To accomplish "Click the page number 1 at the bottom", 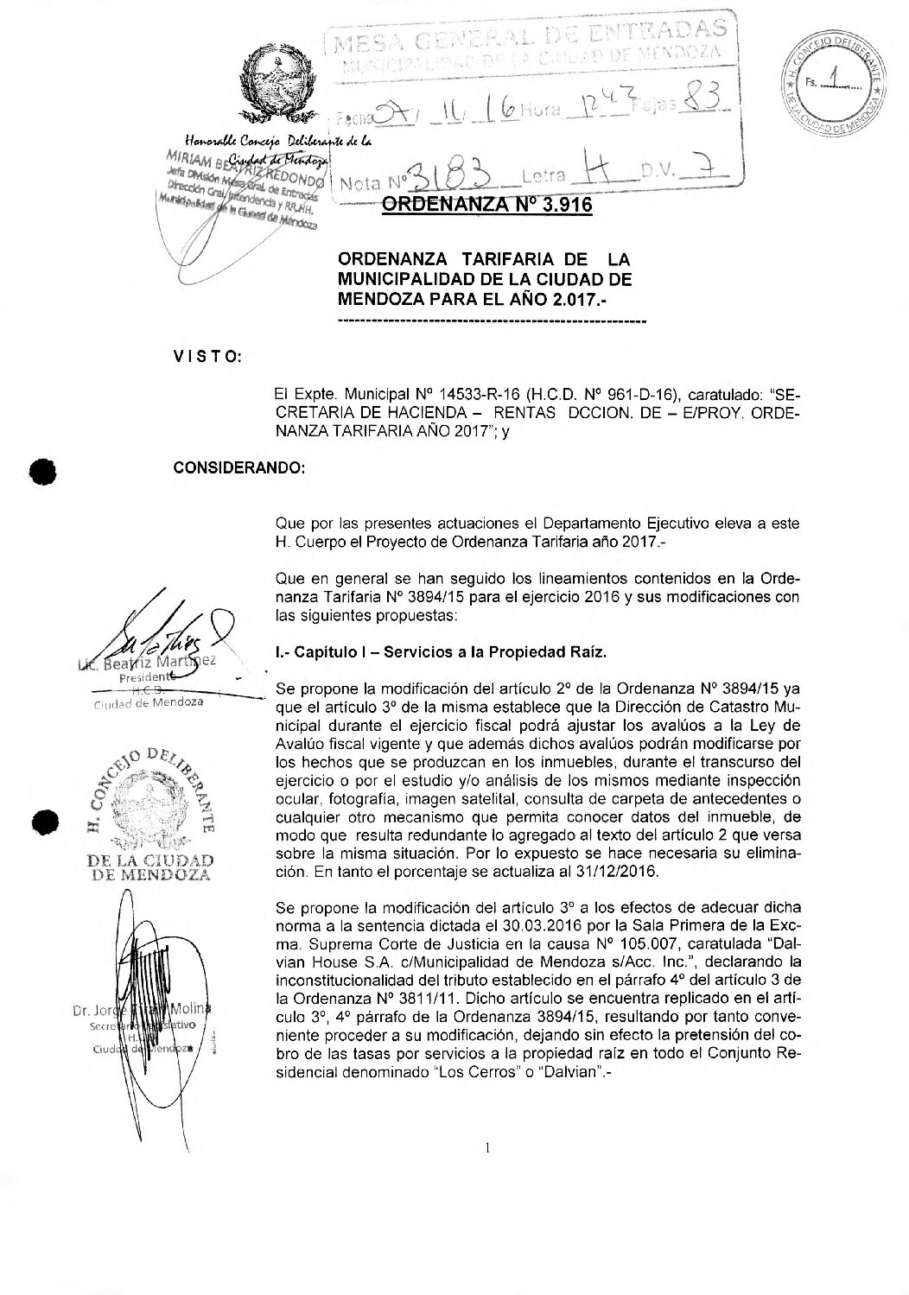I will pyautogui.click(x=488, y=1148).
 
